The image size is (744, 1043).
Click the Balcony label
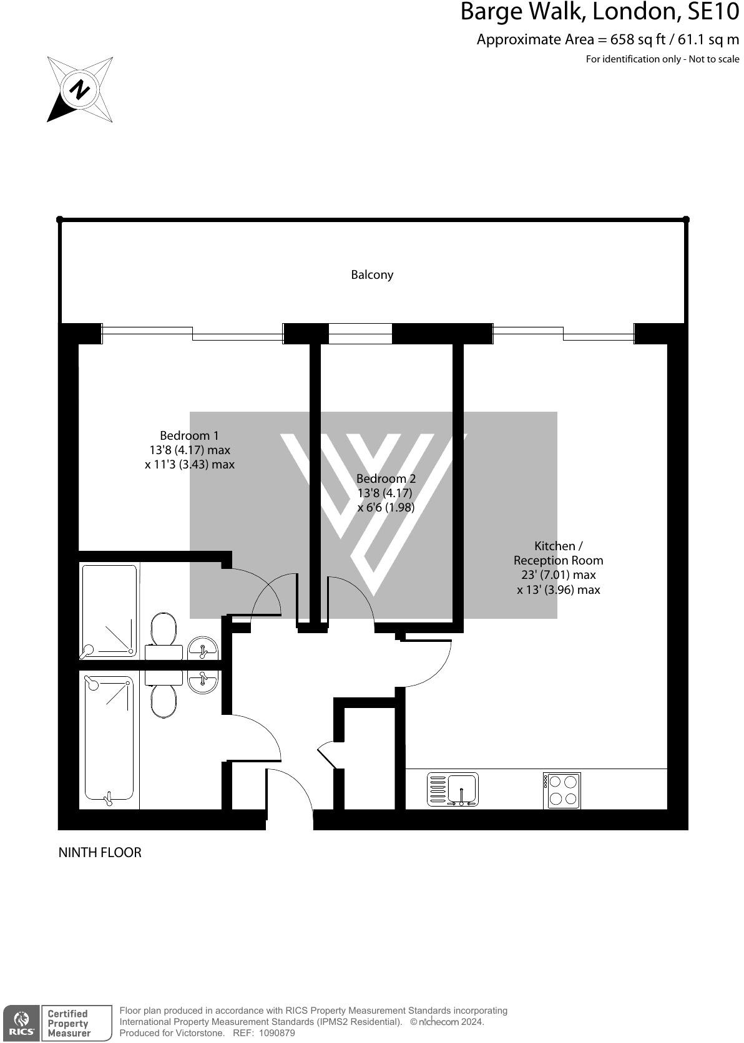[x=372, y=274]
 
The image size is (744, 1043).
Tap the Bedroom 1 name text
[x=189, y=435]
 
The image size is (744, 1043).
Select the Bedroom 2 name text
[x=386, y=478]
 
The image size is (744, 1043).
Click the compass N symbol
[x=79, y=89]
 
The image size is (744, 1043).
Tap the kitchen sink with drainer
[x=453, y=789]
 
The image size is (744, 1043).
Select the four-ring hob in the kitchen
[x=562, y=790]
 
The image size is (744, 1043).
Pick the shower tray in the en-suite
[x=109, y=611]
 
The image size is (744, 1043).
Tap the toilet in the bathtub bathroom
[x=164, y=696]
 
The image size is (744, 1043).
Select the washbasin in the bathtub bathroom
[x=202, y=681]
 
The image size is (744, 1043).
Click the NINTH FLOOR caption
[x=100, y=852]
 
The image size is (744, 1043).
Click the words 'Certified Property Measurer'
[x=69, y=1023]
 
